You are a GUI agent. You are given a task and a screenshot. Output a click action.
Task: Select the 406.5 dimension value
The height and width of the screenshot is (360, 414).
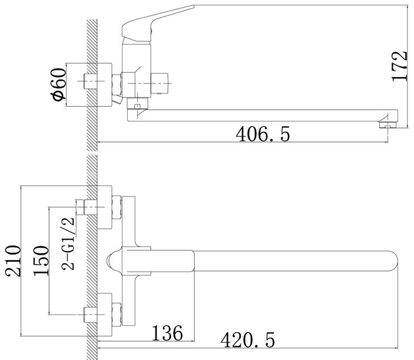point(263,134)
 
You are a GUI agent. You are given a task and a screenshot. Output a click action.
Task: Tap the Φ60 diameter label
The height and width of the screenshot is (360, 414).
point(59,84)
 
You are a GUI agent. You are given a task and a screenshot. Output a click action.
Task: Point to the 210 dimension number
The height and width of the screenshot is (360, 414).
point(12,261)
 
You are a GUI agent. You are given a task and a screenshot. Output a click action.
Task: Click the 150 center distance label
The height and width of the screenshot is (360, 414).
point(41,261)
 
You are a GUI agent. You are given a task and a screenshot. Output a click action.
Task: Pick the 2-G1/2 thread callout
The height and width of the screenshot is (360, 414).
point(68,244)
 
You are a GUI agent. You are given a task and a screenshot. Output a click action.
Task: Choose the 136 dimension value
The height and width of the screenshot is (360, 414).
point(167,333)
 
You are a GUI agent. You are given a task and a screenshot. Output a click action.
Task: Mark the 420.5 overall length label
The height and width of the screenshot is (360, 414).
point(248,340)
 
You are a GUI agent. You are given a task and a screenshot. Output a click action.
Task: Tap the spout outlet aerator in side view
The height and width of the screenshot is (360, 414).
point(388,125)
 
